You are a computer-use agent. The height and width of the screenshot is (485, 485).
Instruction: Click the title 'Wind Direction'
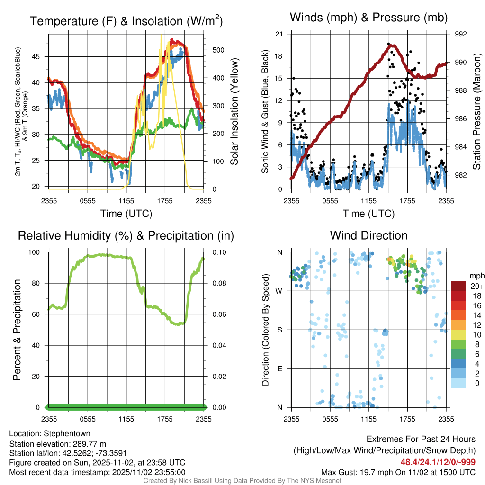point(368,235)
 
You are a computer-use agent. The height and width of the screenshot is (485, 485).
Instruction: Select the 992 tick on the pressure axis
point(461,34)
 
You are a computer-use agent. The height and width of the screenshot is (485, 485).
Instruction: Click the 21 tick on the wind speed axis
point(279,34)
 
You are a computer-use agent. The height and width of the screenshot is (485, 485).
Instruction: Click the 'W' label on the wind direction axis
point(280,291)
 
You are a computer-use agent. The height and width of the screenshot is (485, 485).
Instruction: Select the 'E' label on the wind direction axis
point(280,368)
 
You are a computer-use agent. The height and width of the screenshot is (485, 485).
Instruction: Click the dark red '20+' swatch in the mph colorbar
point(459,286)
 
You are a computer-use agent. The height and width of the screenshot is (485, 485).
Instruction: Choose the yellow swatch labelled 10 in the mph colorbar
point(459,334)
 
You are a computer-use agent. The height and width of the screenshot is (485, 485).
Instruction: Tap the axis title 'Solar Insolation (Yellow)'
point(234,112)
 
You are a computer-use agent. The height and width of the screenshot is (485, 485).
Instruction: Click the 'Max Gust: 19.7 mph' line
point(398,472)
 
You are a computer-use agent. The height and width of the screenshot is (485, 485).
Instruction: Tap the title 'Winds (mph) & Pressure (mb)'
point(368,18)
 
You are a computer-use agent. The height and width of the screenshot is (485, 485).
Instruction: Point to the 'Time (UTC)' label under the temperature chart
point(126,214)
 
